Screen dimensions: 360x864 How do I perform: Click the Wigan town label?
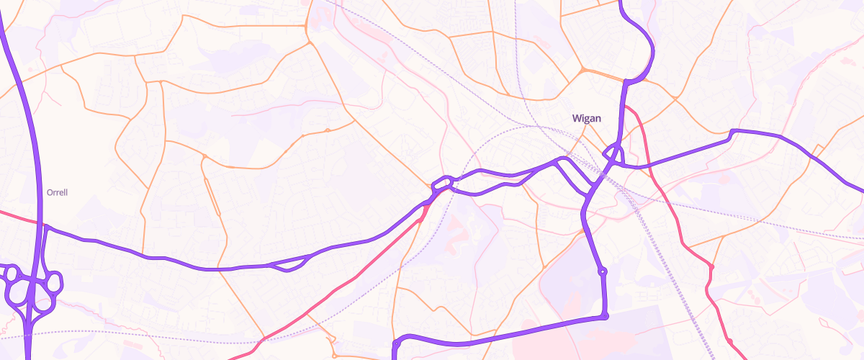pyautogui.click(x=586, y=118)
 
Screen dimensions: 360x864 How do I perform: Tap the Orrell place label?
pyautogui.click(x=56, y=193)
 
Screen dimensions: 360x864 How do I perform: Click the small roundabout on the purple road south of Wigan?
pyautogui.click(x=603, y=271)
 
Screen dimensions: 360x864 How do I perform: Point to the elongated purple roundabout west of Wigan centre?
pyautogui.click(x=443, y=184)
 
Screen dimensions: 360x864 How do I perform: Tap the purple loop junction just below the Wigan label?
pyautogui.click(x=613, y=153)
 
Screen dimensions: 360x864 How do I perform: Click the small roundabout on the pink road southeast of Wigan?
pyautogui.click(x=711, y=267)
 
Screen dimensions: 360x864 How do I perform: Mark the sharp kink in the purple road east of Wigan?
pyautogui.click(x=732, y=132)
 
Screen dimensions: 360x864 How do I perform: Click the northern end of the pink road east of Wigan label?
pyautogui.click(x=625, y=107)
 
